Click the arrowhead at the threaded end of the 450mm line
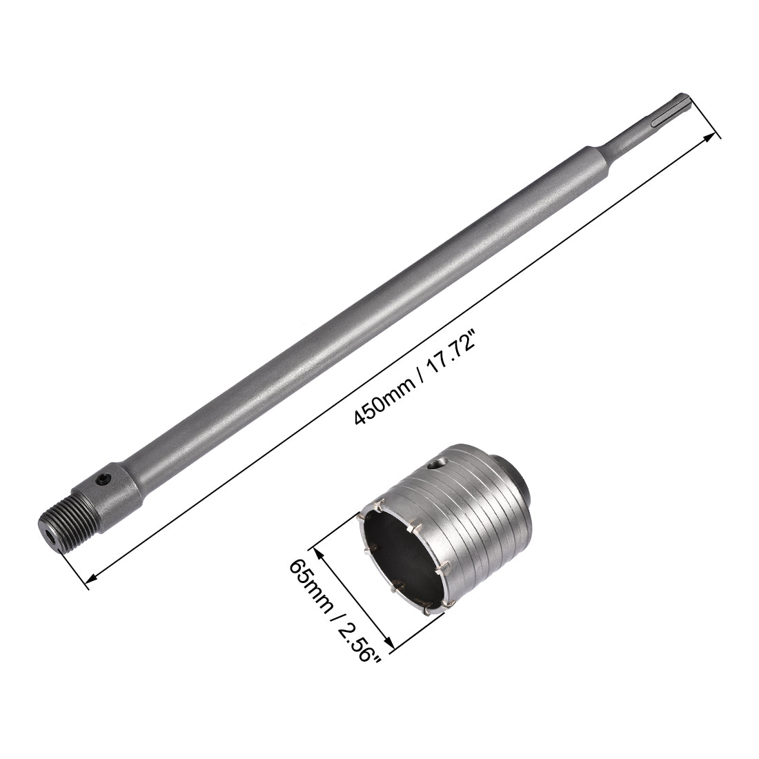89,582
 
